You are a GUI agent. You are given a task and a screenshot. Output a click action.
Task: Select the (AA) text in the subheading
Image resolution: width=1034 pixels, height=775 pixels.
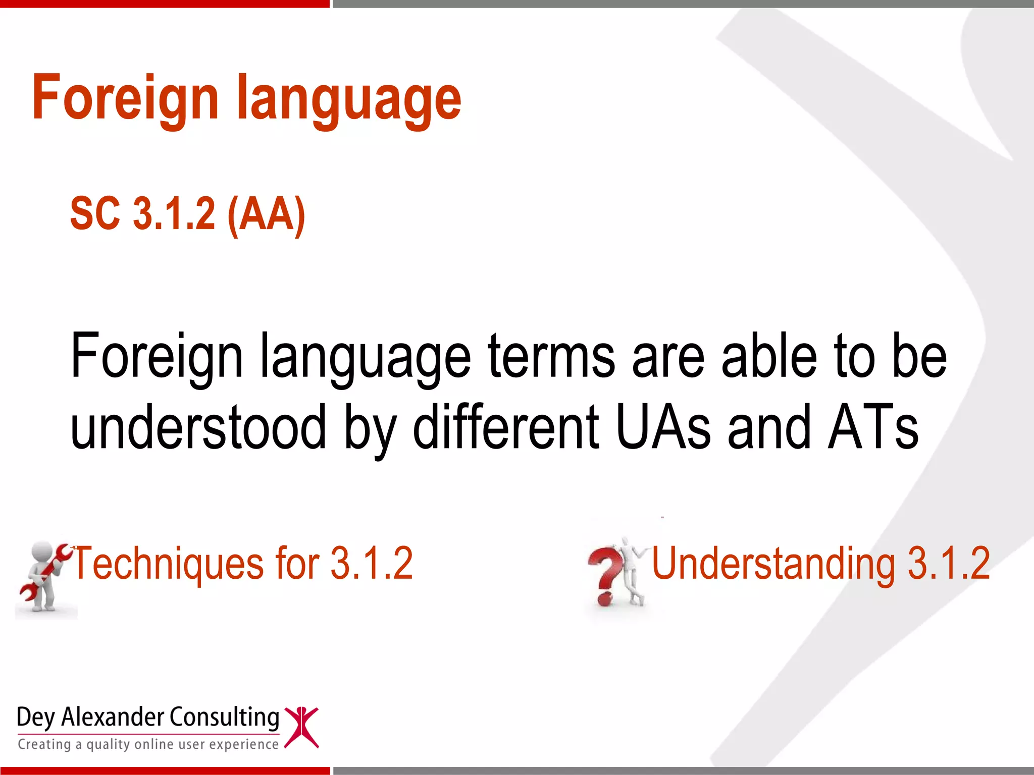[x=266, y=214]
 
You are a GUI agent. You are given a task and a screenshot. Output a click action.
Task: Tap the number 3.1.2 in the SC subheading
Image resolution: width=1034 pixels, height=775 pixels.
[x=174, y=214]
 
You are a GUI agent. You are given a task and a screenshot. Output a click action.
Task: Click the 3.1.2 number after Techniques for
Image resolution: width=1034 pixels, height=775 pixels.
[x=371, y=564]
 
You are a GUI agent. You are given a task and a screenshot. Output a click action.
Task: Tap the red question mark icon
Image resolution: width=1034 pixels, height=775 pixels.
[x=604, y=575]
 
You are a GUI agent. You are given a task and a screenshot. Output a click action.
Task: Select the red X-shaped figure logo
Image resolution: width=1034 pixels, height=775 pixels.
[x=301, y=727]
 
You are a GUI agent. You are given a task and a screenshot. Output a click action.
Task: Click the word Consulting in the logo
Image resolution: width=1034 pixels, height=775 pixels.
[x=224, y=717]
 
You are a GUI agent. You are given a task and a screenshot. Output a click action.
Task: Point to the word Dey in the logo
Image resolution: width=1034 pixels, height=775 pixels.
[x=35, y=718]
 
